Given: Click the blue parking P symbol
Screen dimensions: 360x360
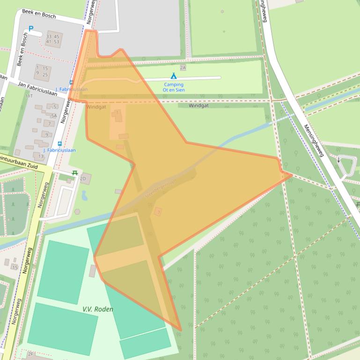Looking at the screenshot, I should [31, 29].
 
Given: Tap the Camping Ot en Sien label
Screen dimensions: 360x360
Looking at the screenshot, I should [173, 87].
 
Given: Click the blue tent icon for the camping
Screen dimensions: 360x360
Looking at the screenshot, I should [174, 76].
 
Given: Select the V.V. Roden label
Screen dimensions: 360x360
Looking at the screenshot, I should [98, 309].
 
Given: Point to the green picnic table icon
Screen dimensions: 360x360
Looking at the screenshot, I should [74, 173].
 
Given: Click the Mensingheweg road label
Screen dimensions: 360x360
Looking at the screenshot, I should [314, 140].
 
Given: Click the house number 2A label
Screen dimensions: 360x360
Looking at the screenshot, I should [183, 68].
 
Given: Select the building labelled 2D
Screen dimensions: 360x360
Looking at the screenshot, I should [85, 179].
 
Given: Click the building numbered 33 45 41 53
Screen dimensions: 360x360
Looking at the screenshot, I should [53, 39].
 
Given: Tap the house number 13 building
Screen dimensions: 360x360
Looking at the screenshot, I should [41, 156].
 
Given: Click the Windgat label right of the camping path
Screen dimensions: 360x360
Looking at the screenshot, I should [198, 106].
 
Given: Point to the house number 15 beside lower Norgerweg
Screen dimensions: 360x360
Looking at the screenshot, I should [15, 267].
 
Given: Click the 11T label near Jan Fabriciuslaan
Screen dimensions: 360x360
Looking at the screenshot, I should [29, 96].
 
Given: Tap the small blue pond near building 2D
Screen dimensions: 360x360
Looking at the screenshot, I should [84, 195].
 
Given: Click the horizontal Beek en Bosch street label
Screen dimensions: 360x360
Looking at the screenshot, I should [39, 15].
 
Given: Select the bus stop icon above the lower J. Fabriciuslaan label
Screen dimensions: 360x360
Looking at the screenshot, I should [59, 144].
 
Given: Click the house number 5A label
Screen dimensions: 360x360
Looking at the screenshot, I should [53, 115].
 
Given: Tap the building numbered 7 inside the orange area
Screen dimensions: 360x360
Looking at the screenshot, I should [159, 212].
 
